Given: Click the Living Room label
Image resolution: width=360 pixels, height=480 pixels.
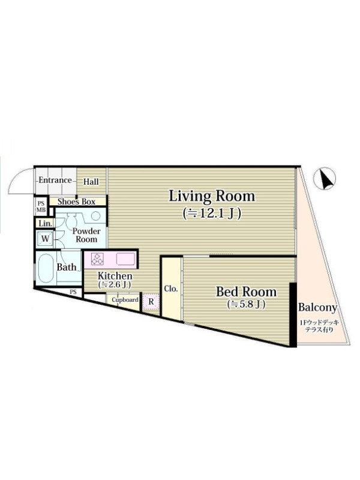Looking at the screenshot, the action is [x=212, y=197].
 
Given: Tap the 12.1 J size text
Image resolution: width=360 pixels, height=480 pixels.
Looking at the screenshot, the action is [x=212, y=214].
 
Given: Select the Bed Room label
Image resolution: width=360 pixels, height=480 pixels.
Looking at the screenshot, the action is [x=246, y=292].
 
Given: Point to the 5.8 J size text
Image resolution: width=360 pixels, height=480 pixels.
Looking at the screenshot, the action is [x=246, y=304].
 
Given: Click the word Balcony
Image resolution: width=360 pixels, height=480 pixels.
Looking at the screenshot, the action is [x=317, y=307].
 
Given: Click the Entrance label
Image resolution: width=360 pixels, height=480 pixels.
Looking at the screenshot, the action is [x=55, y=180].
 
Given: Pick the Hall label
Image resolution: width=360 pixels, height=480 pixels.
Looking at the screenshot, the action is [x=91, y=182].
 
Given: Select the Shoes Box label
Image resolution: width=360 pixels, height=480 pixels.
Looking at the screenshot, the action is [x=76, y=202].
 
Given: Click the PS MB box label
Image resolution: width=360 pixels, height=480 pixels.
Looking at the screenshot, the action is [x=41, y=206].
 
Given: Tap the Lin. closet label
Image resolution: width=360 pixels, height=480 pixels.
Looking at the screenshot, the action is [x=46, y=224].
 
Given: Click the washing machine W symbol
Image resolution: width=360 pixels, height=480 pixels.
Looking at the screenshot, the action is [x=45, y=239].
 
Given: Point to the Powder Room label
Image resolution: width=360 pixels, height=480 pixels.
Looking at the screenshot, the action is [x=86, y=235].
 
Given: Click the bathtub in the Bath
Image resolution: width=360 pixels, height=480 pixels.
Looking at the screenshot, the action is [x=46, y=269].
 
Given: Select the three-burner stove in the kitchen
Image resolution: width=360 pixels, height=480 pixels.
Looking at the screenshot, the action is [x=98, y=259].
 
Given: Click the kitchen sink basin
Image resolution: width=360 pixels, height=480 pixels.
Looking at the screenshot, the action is [x=125, y=259].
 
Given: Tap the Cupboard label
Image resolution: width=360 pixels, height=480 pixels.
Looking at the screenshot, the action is [x=125, y=299].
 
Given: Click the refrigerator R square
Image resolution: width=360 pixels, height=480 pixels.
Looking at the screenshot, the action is [x=151, y=302].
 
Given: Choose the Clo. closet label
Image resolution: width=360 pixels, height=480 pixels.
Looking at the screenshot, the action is [x=171, y=289].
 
